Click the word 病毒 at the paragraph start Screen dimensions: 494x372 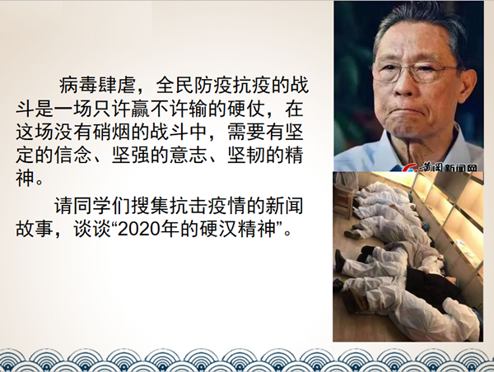coord(78,85)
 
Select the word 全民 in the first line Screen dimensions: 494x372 coord(175,85)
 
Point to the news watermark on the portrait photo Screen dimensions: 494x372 coord(440,168)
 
